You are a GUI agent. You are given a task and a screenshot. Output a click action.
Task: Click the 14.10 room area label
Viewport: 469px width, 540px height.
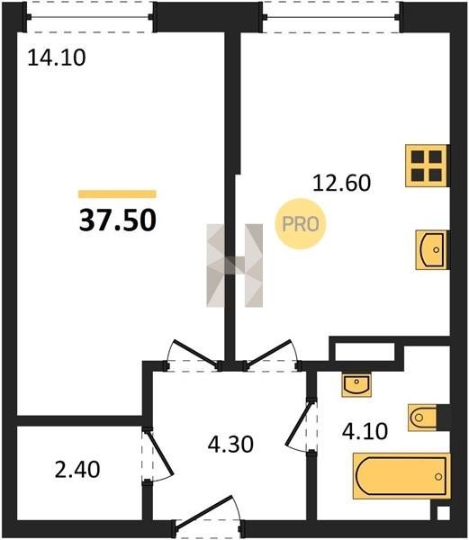click(x=57, y=58)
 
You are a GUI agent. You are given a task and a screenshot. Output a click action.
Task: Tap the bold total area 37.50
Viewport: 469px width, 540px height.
click(x=118, y=220)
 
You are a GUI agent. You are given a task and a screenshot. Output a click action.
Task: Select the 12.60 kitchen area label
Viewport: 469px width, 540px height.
click(x=341, y=183)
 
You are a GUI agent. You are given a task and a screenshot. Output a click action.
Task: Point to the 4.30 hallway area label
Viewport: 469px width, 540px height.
click(x=230, y=444)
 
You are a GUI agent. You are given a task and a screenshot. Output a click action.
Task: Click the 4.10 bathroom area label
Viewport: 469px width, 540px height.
click(x=365, y=431)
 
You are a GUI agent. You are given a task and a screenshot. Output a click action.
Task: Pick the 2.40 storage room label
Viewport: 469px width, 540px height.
click(x=77, y=470)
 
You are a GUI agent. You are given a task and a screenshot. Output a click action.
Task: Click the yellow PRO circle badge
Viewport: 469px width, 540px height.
click(x=301, y=224)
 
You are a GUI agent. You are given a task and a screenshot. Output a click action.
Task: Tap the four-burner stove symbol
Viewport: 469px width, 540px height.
click(x=427, y=166)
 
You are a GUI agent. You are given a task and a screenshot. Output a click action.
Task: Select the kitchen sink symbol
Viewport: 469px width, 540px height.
click(x=432, y=249)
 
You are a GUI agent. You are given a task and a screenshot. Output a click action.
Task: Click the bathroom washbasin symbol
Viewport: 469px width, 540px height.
click(x=356, y=384)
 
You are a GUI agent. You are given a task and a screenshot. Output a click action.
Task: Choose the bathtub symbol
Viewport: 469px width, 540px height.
click(x=401, y=476)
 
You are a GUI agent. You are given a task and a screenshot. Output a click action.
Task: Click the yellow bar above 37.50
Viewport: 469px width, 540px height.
click(x=117, y=194)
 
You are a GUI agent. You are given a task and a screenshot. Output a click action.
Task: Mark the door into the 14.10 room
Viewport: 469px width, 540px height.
click(x=194, y=355)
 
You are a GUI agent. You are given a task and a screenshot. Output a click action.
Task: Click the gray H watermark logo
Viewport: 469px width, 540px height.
click(x=234, y=265)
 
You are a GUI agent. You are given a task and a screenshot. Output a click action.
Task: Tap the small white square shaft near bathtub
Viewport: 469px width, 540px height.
click(x=444, y=513)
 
